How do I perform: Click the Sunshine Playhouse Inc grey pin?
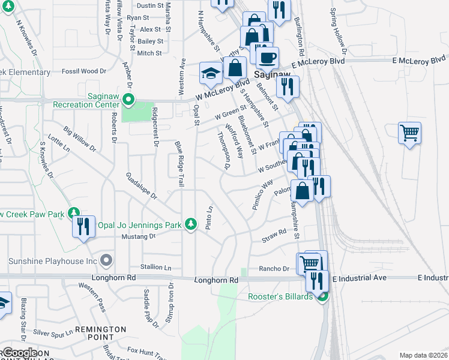click(107, 261)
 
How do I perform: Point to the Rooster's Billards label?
click(281, 297)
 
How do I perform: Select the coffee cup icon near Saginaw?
click(267, 58)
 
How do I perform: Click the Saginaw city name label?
click(272, 74)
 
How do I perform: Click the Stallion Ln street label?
click(155, 267)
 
